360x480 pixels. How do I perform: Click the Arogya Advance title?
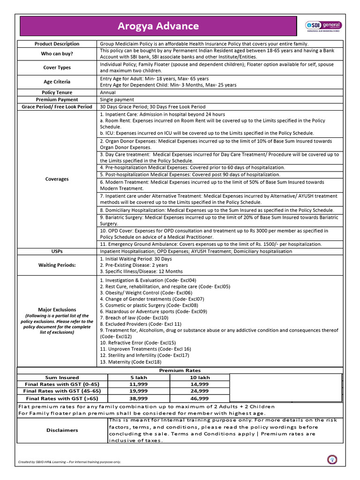(x=158, y=26)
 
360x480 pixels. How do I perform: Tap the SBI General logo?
(x=323, y=26)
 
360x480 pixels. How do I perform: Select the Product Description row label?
(x=57, y=44)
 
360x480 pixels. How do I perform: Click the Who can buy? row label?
(x=57, y=54)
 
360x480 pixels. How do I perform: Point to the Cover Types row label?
(x=57, y=67)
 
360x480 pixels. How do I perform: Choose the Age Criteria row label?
(x=57, y=82)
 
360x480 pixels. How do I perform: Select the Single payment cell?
(x=117, y=99)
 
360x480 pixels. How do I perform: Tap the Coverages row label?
(x=57, y=179)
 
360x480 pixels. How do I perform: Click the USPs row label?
(x=57, y=251)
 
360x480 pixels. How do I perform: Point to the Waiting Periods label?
(x=57, y=265)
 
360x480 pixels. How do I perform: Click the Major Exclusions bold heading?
(x=57, y=310)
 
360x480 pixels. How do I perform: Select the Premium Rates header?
(x=180, y=370)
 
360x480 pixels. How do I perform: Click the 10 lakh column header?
(x=199, y=377)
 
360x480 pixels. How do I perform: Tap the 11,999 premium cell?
(x=138, y=384)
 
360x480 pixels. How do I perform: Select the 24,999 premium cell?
(x=199, y=390)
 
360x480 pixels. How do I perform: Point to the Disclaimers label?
(x=62, y=430)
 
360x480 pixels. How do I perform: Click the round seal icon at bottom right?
(x=331, y=460)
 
